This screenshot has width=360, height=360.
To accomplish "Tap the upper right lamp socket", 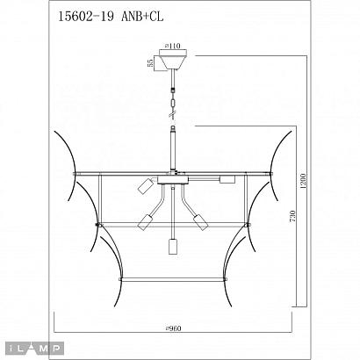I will [x=225, y=180].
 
